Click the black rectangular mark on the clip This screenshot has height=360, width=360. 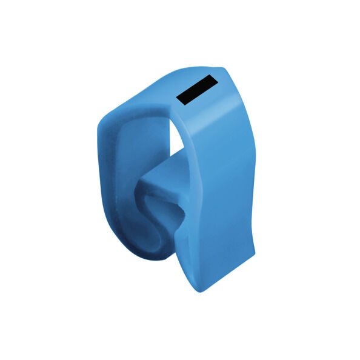196,89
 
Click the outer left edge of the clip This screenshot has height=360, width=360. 99,176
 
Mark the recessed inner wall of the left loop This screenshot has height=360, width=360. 124,182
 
